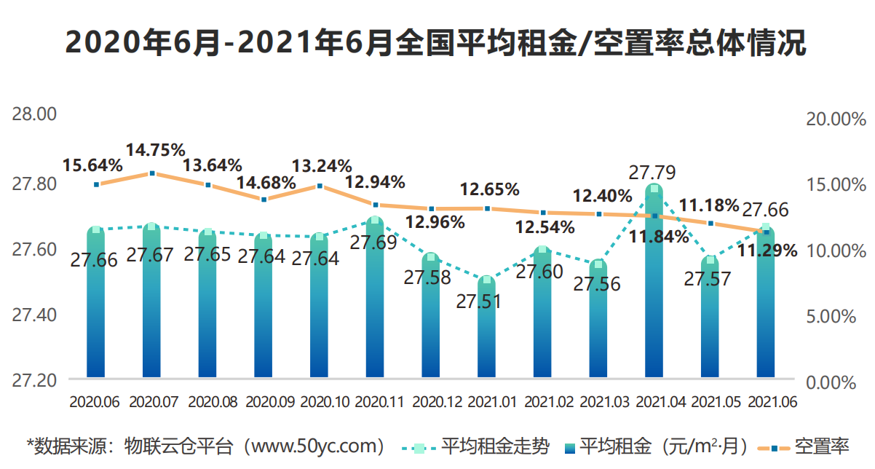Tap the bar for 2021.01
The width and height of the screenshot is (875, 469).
click(x=488, y=335)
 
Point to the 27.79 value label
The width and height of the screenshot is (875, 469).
click(x=652, y=173)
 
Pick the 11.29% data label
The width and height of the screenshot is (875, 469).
click(x=768, y=251)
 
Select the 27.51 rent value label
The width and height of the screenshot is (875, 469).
click(x=479, y=301)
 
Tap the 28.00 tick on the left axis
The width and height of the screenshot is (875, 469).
click(x=33, y=115)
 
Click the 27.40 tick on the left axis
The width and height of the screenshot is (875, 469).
click(x=33, y=315)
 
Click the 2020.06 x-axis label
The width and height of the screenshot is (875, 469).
click(x=95, y=401)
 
